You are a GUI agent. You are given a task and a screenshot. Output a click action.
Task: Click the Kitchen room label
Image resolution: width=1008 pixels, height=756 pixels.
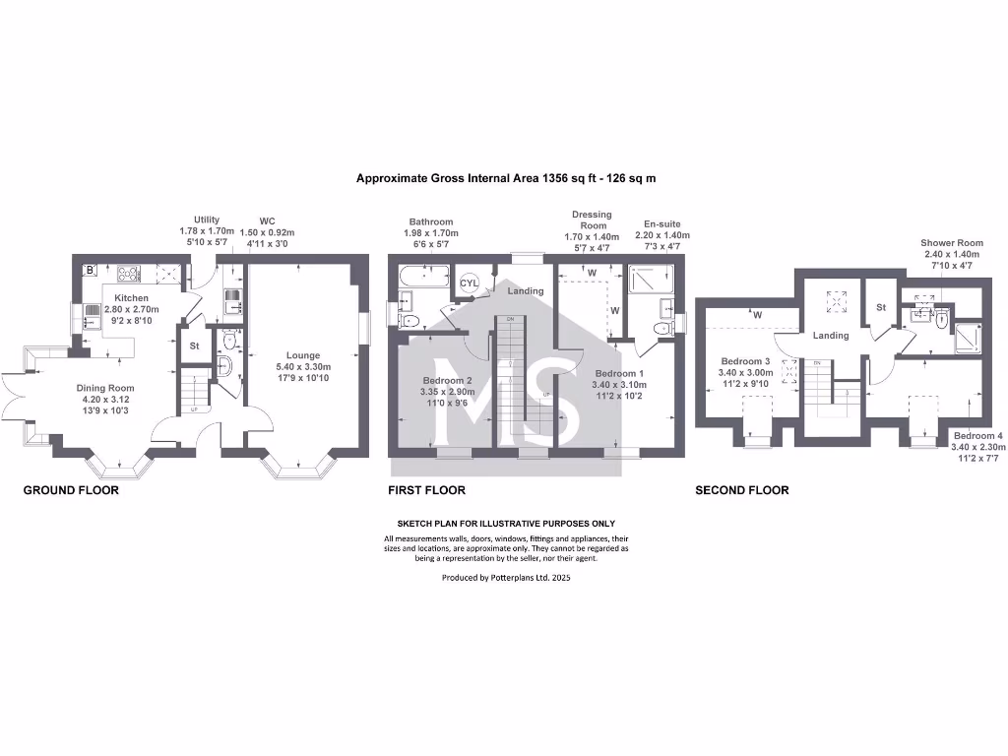coord(131,297)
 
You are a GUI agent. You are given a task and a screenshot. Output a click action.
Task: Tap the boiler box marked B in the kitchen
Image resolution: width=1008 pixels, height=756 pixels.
coord(91,268)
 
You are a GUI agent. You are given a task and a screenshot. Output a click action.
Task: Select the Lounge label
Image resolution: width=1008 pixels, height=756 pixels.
coord(303,356)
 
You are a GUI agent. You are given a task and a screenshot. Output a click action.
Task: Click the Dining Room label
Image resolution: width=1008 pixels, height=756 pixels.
coord(106,388)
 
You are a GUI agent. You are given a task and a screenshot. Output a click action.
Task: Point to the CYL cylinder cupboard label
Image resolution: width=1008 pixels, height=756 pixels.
coord(470,283)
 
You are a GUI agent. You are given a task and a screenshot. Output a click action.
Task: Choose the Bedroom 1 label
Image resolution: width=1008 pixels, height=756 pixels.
coord(619,373)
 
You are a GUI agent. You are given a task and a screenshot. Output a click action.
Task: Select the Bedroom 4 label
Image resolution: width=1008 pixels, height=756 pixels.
coord(979,435)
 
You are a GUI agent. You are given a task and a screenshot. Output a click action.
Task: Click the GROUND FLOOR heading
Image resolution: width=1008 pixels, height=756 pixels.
coord(71,490)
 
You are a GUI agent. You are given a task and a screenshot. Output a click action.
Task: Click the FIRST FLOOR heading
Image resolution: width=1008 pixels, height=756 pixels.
coord(426,490)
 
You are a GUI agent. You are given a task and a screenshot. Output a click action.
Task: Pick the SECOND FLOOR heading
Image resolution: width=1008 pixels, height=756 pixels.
coord(741,490)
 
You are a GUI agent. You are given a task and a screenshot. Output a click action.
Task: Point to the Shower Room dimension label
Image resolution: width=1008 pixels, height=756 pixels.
coord(951,243)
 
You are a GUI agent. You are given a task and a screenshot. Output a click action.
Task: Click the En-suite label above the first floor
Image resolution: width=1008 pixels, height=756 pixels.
coord(661,224)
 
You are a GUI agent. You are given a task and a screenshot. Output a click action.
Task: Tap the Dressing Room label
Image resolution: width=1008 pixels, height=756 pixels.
coord(592,220)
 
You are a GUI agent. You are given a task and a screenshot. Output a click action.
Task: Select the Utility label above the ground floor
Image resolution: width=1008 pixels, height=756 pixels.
coord(207,220)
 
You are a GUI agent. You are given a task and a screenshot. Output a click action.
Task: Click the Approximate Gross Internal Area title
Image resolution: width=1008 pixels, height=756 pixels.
coord(506,179)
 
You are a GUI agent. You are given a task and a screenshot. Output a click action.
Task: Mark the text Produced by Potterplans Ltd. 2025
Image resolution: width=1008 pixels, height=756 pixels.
coord(506,578)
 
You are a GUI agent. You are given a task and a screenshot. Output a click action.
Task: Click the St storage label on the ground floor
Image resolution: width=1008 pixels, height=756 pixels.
coord(194,346)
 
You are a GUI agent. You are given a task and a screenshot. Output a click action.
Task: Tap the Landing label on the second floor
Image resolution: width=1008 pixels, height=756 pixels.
coord(830,336)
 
